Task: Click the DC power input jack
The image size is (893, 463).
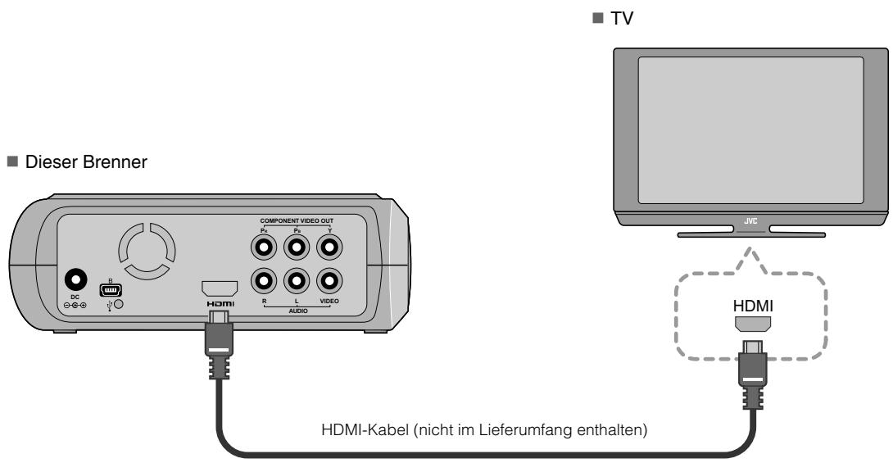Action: click(79, 281)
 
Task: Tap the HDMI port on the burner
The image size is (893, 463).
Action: click(219, 288)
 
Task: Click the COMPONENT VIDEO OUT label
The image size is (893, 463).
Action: click(297, 220)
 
